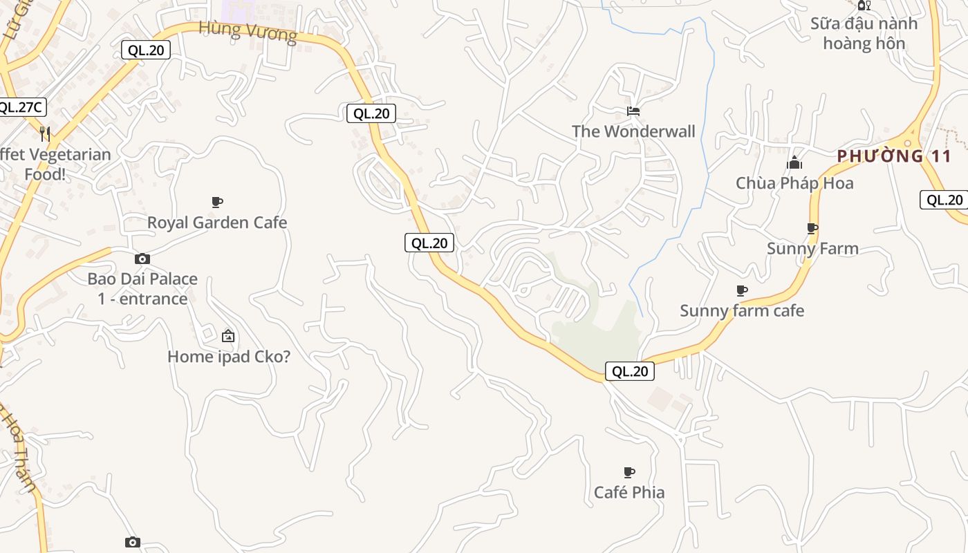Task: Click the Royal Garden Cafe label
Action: coord(217,223)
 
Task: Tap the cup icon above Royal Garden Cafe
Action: coord(217,202)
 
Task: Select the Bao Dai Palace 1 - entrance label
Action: coord(142,289)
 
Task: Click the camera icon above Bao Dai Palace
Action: coord(142,259)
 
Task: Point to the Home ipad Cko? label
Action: coord(229,357)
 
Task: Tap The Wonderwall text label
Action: coord(633,131)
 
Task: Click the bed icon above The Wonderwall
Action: coord(633,111)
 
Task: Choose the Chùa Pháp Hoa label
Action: coord(794,183)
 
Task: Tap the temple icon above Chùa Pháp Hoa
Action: coord(794,163)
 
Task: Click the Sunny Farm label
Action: coord(812,249)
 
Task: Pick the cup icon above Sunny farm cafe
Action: coord(742,290)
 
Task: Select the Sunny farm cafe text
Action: coord(742,311)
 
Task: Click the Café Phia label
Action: coord(629,492)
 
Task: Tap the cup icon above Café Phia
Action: coord(629,472)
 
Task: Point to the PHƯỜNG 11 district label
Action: coord(894,156)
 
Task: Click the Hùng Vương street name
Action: coord(248,31)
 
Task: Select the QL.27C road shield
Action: coord(21,107)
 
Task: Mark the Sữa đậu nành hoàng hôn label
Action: coord(864,33)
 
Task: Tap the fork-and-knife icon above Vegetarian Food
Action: coord(45,133)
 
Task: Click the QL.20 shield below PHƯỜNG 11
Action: coord(944,200)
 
